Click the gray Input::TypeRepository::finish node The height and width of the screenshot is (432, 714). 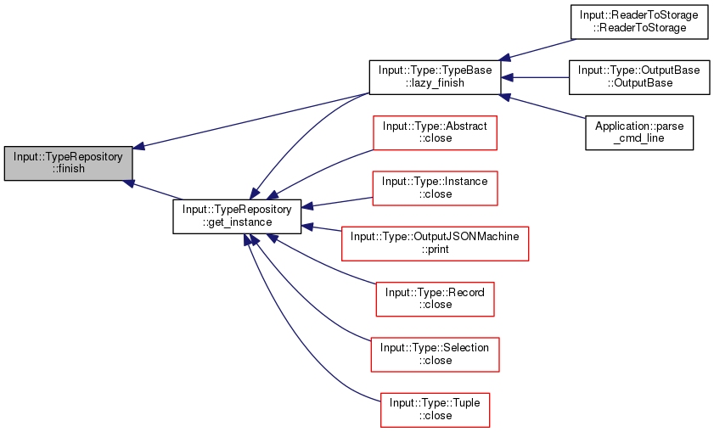tap(68, 163)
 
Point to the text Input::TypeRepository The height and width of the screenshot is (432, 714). tap(68, 157)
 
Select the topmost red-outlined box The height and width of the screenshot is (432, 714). tap(435, 133)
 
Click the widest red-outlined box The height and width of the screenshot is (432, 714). tap(435, 244)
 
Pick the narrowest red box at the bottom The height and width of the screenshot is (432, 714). tap(435, 410)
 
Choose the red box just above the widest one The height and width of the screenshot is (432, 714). tap(435, 188)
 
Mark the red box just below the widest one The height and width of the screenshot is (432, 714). tap(435, 300)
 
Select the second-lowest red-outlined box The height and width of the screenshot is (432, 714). tap(435, 355)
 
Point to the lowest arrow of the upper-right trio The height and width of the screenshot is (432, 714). tap(543, 106)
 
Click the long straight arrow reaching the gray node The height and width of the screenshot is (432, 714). tap(255, 119)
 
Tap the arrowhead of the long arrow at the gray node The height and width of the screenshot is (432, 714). tap(139, 146)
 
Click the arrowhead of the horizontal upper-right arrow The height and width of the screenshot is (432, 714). tap(507, 77)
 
